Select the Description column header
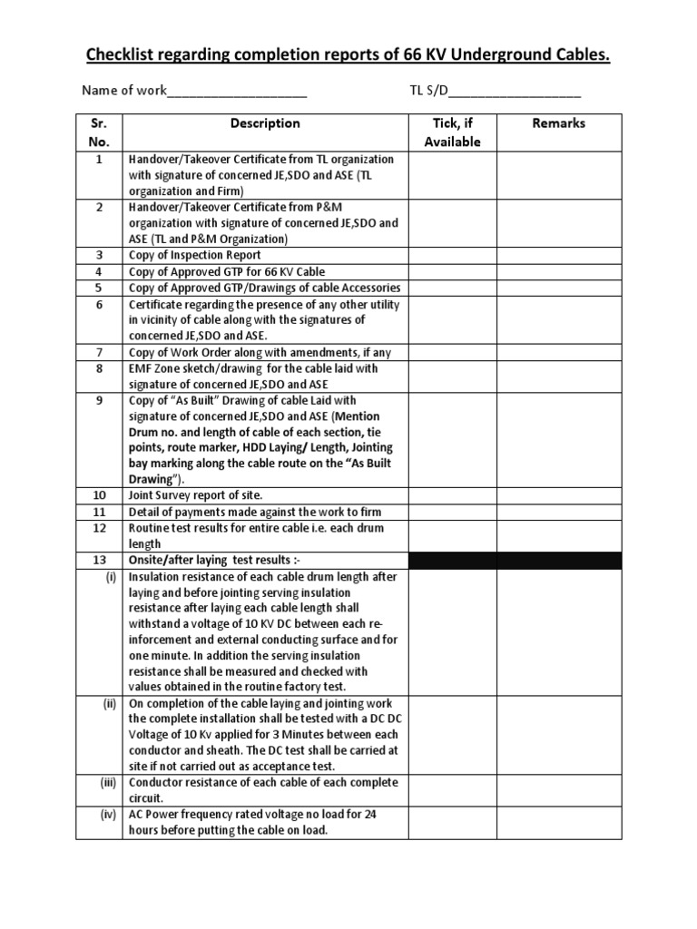[265, 123]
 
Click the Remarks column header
[558, 123]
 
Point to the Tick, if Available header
[452, 132]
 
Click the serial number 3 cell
[99, 255]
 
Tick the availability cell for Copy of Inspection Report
[452, 255]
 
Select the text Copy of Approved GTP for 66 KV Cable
[227, 271]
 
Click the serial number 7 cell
[99, 352]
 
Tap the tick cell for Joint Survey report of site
[452, 495]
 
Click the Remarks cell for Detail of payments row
[558, 512]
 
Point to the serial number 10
[99, 495]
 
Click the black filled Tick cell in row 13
[452, 560]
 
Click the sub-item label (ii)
[108, 704]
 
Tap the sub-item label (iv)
[108, 815]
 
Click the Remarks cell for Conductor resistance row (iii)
[558, 789]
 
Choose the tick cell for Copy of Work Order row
[452, 352]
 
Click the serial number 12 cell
[99, 527]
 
